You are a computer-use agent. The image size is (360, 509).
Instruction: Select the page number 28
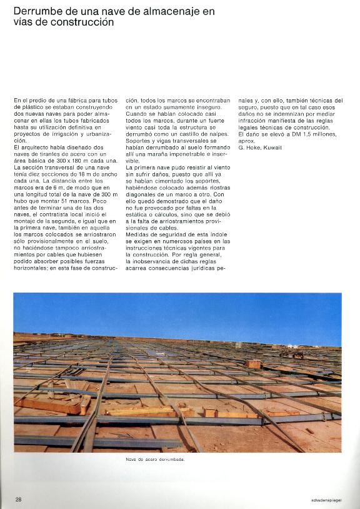(18, 499)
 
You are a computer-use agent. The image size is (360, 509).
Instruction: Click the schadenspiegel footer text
(325, 500)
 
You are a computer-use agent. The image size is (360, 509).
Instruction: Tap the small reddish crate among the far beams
(252, 363)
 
